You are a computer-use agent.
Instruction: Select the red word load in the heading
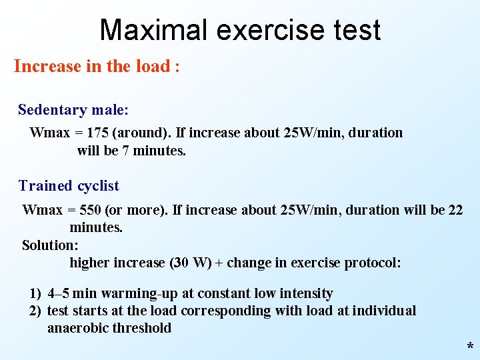pyautogui.click(x=153, y=67)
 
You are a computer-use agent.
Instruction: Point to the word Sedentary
pyautogui.click(x=53, y=109)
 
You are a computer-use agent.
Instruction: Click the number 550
pyautogui.click(x=90, y=210)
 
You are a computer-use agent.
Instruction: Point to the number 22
pyautogui.click(x=455, y=210)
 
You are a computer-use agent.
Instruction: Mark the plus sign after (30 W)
pyautogui.click(x=219, y=263)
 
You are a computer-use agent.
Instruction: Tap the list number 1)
pyautogui.click(x=36, y=293)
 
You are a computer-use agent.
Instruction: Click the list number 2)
pyautogui.click(x=36, y=311)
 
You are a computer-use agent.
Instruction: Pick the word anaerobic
pyautogui.click(x=78, y=328)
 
